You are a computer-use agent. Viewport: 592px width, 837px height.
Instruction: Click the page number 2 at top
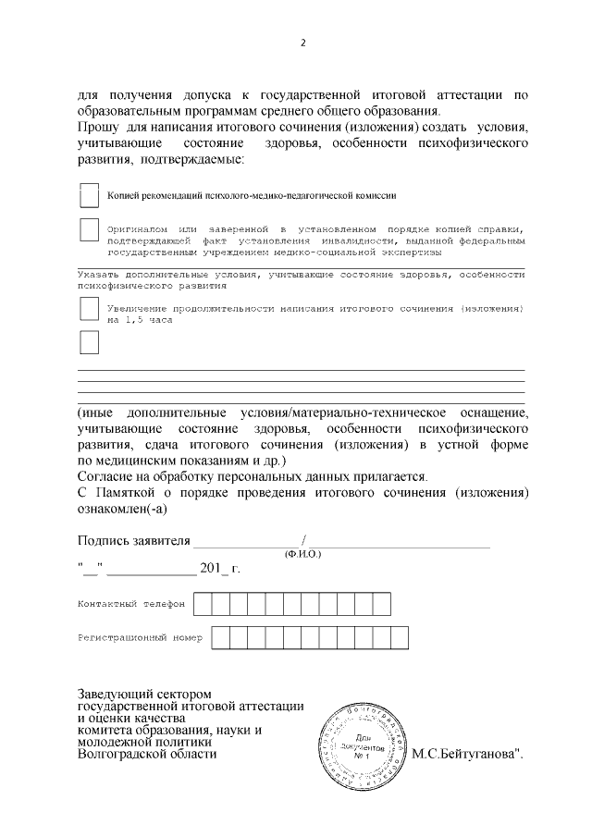(302, 43)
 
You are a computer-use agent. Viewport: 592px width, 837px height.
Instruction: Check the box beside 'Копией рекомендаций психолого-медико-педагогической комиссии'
(89, 195)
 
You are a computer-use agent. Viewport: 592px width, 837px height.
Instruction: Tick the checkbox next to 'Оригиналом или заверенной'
(89, 230)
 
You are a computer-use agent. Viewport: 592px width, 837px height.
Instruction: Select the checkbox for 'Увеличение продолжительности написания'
(89, 308)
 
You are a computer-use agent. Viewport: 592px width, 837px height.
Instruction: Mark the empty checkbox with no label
(89, 342)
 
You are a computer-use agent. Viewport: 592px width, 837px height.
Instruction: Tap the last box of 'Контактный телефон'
(381, 603)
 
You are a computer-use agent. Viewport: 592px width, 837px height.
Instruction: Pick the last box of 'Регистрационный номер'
(400, 637)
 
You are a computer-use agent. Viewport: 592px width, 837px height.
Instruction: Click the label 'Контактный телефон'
(131, 603)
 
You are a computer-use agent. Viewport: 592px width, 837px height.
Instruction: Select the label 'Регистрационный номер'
(140, 637)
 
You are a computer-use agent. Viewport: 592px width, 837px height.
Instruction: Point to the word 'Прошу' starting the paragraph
(96, 126)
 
